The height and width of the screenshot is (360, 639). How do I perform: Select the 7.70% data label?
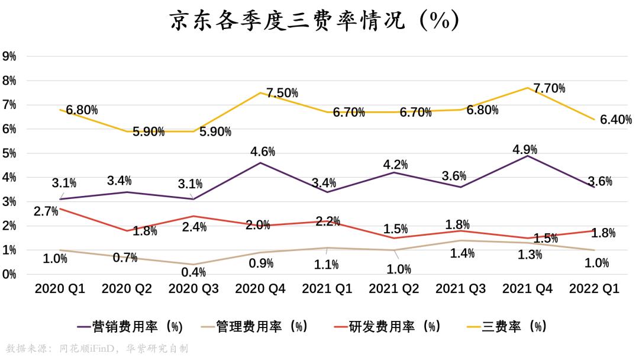(x=549, y=89)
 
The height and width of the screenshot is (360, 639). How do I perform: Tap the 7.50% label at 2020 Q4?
(x=282, y=93)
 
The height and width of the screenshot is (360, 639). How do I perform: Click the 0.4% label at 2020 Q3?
(x=193, y=272)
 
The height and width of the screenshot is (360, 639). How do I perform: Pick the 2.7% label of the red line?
(x=46, y=211)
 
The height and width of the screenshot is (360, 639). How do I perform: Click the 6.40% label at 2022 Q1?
(x=615, y=120)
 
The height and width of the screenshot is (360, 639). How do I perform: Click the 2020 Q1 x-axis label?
(x=59, y=289)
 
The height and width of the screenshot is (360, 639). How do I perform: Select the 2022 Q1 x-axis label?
(x=594, y=289)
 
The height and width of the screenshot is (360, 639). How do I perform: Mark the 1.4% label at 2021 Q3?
(x=462, y=254)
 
